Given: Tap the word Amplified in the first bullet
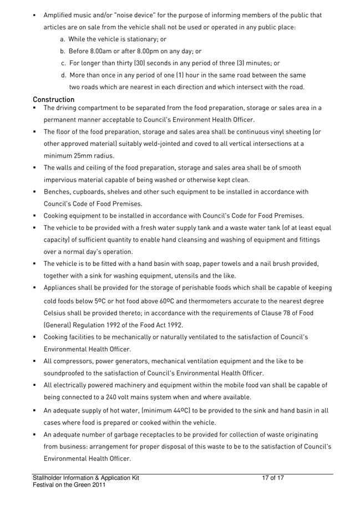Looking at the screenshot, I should pos(59,15).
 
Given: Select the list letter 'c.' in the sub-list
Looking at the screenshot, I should pos(64,63).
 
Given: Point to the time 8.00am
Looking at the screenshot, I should pos(103,51).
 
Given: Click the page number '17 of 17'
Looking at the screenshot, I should pos(273,477).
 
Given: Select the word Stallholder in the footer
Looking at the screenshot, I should pos(48,477).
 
